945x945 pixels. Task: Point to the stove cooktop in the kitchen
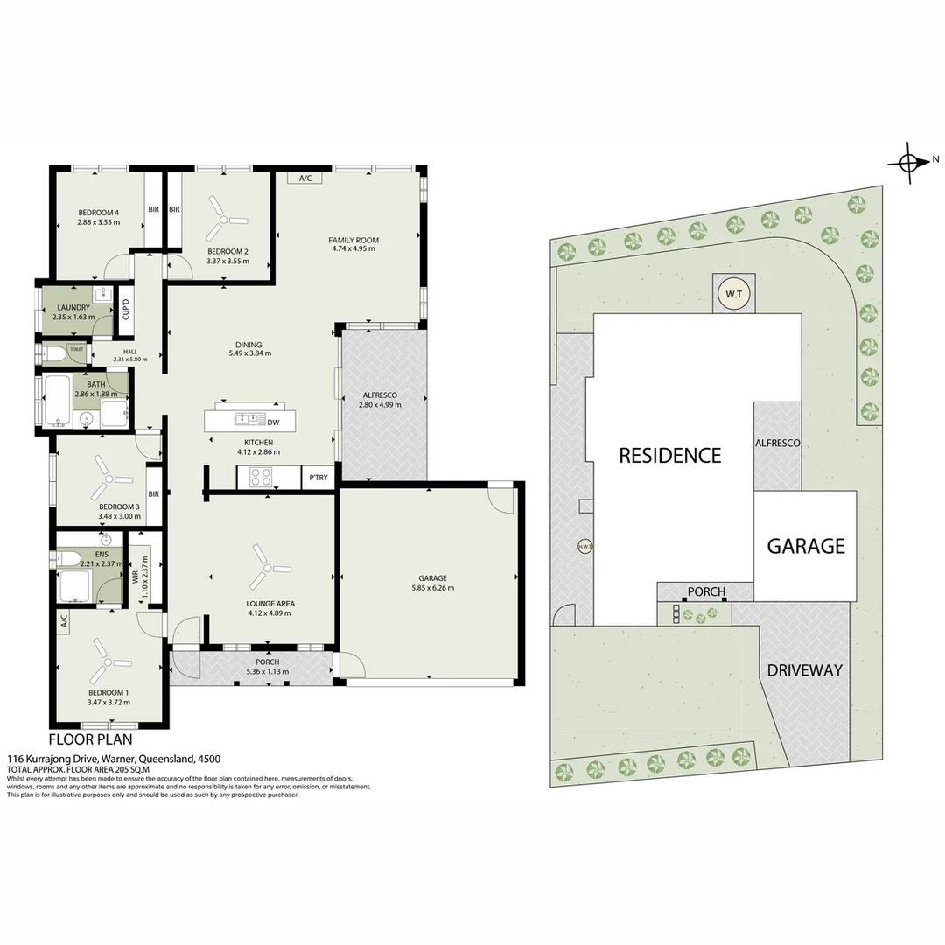point(262,478)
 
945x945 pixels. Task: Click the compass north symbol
point(907,162)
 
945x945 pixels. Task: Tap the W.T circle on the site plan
point(732,294)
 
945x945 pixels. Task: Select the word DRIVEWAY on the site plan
point(804,670)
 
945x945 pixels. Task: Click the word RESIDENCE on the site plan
point(669,455)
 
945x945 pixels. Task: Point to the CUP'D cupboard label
point(126,310)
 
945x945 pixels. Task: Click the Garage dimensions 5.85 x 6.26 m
point(432,588)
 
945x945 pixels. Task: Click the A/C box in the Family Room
point(305,178)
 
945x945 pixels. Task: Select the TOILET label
point(77,349)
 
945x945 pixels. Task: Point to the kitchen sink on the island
point(244,419)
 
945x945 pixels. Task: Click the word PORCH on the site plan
point(706,591)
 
